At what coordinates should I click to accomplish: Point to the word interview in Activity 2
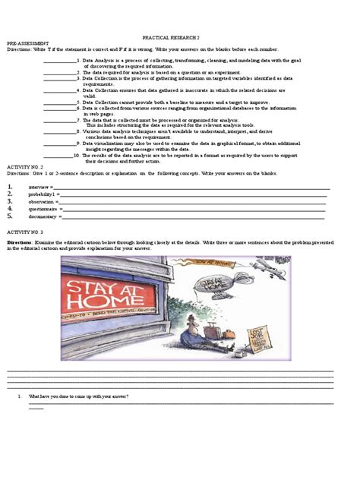(x=39, y=186)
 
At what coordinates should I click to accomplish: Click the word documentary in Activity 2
(x=43, y=216)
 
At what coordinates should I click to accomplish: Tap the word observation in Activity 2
(x=43, y=201)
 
